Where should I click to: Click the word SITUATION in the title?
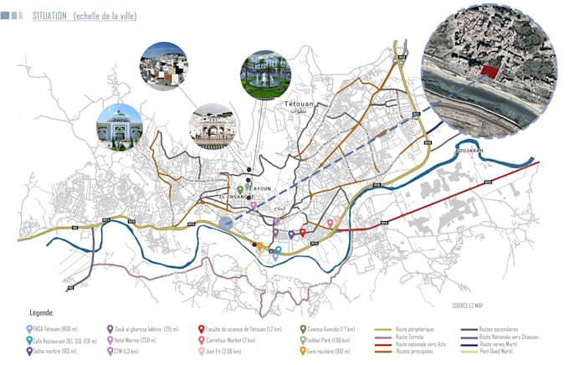coord(51,17)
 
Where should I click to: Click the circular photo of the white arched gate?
coord(215,128)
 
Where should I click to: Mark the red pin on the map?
coord(302,234)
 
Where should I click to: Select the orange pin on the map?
coord(260,246)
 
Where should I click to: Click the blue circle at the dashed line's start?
coord(225,222)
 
